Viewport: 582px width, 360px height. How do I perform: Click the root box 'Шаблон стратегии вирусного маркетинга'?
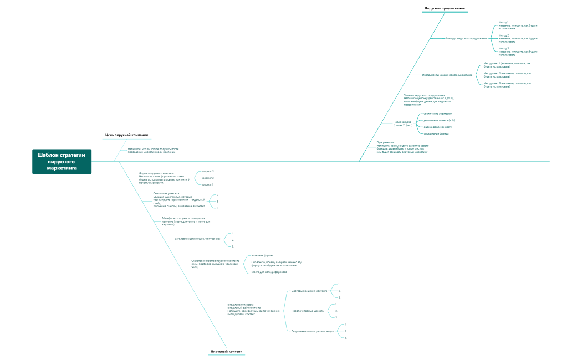62,161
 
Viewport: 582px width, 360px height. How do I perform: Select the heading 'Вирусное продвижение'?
445,9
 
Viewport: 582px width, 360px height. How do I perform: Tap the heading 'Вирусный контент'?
227,352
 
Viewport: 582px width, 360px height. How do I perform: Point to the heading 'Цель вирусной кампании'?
127,135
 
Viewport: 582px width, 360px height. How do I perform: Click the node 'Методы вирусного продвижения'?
467,38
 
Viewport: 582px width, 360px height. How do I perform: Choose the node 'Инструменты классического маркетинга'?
447,75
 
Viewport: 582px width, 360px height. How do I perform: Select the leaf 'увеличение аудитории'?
437,114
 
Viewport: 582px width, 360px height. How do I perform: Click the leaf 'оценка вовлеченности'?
437,127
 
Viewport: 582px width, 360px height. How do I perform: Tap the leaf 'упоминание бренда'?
436,133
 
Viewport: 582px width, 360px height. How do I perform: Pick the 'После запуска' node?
403,123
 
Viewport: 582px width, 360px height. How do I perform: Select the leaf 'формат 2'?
208,178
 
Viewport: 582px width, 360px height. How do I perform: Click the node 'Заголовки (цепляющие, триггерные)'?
197,239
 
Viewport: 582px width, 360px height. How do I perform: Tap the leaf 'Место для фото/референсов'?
269,272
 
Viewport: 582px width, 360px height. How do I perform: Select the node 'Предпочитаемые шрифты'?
308,311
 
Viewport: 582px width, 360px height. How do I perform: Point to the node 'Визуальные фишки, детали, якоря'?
313,331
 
